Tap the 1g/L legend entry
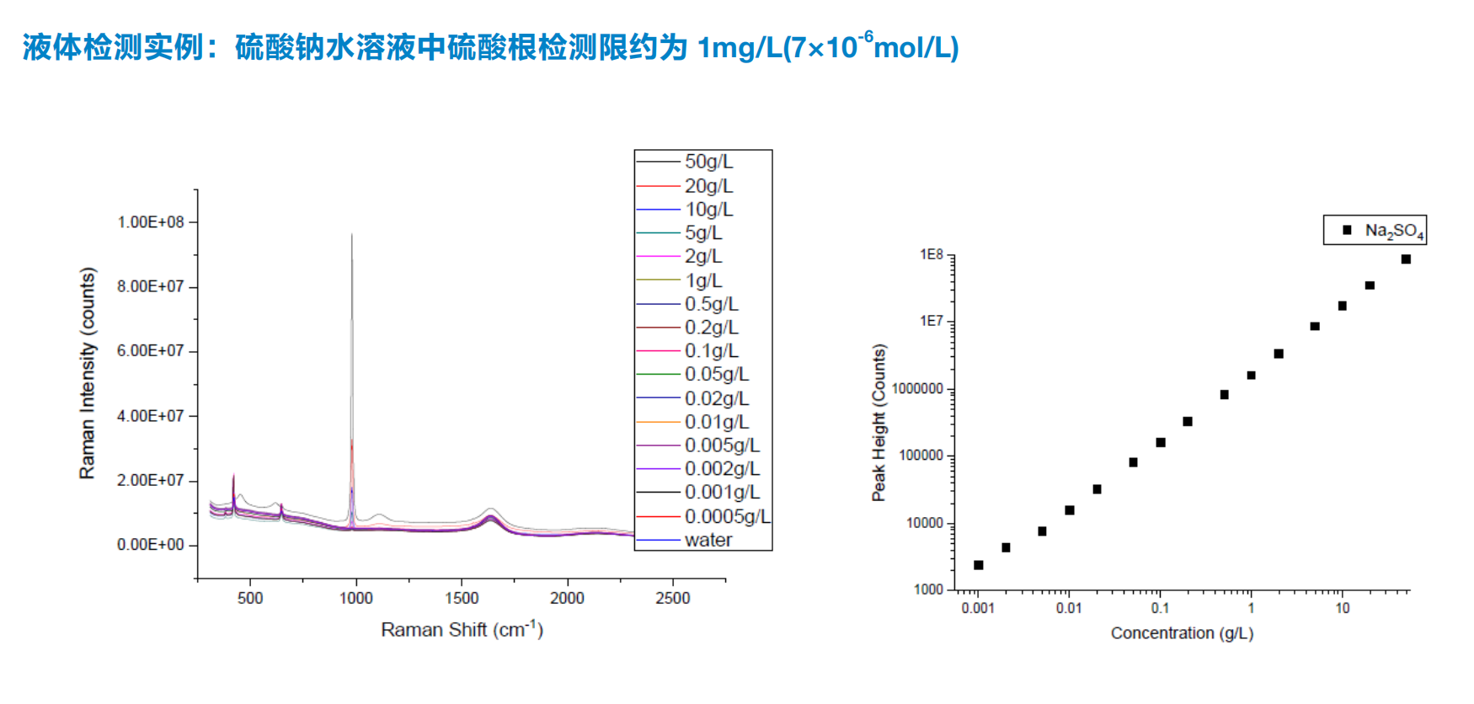(703, 280)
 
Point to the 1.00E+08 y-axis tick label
(151, 222)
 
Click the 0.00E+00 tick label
(151, 545)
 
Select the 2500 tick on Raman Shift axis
(673, 599)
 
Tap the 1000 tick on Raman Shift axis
(356, 599)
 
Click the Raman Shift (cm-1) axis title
(462, 630)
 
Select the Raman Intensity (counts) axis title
(88, 374)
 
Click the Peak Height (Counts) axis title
(879, 423)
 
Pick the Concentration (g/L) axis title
(1182, 633)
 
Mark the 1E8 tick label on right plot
(932, 254)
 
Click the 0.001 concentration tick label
(978, 608)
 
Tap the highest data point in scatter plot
(1406, 259)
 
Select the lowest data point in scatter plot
(979, 565)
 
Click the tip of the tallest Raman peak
(352, 235)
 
